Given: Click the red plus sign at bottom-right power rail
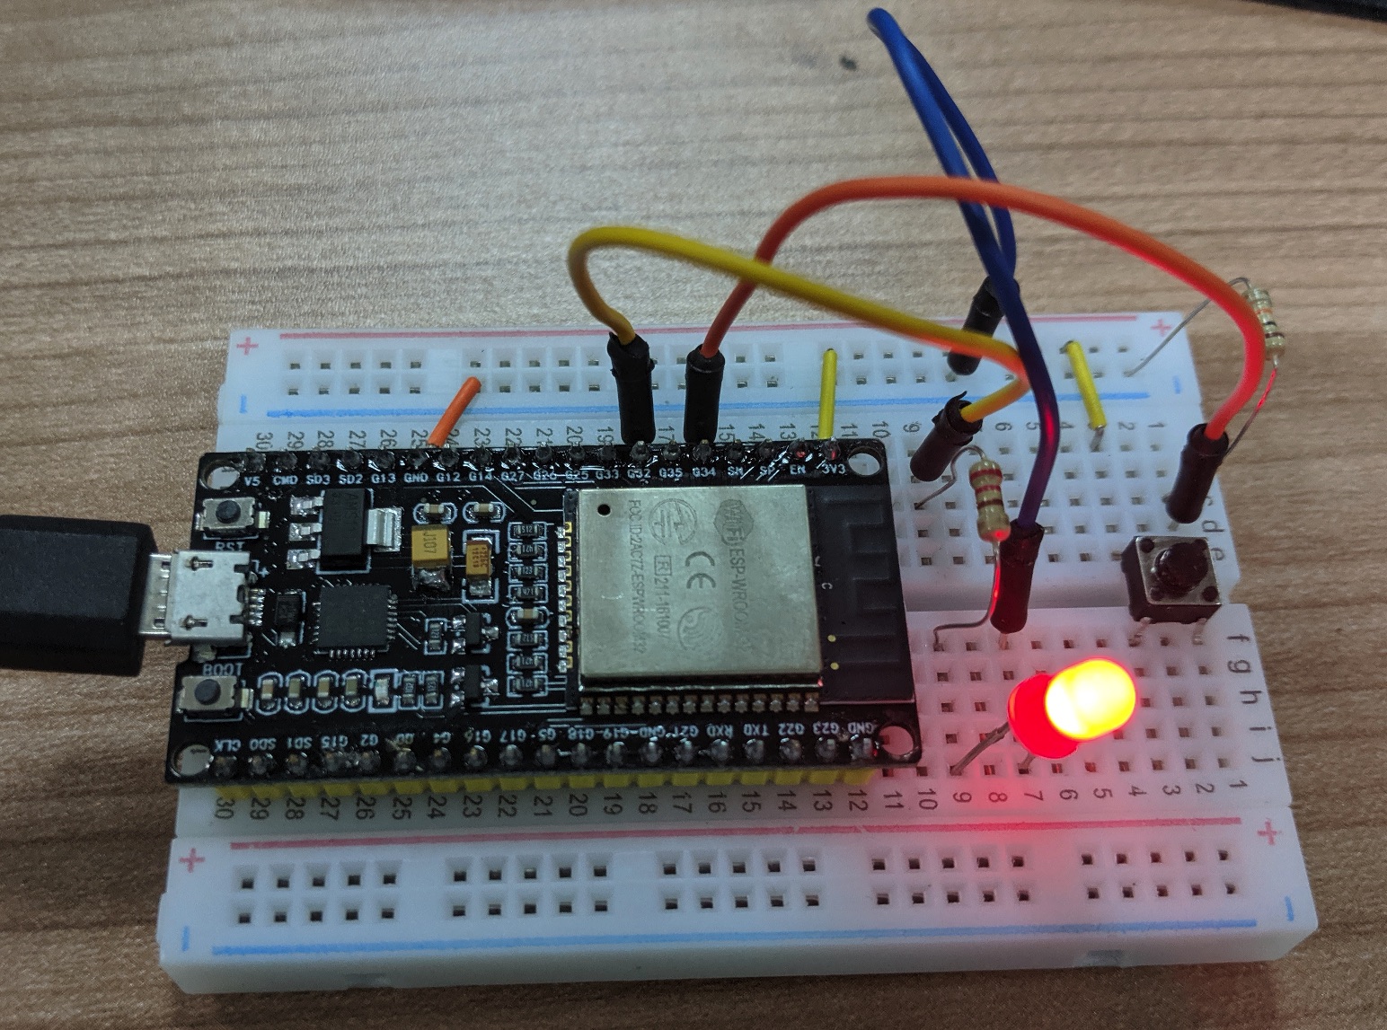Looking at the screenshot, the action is tap(1268, 834).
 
